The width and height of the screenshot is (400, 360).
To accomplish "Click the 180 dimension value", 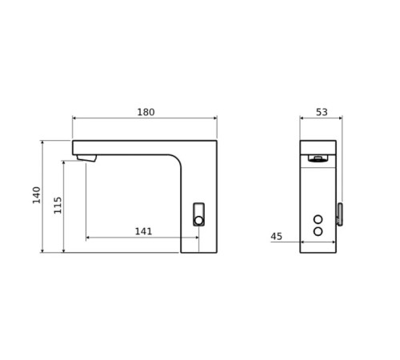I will [146, 113].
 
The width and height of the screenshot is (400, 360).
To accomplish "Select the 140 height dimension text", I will [37, 194].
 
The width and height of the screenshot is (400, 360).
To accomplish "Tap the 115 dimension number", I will [58, 205].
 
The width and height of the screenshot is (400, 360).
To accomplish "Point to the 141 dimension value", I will [143, 231].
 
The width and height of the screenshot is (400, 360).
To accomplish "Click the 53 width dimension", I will [322, 113].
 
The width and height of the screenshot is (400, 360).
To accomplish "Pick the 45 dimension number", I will [277, 237].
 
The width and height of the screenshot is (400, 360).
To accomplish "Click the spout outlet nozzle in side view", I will [86, 158].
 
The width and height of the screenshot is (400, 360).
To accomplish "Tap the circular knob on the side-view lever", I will [198, 220].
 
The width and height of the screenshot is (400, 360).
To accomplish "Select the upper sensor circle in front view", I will [318, 218].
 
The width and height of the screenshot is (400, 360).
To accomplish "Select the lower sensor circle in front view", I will [318, 231].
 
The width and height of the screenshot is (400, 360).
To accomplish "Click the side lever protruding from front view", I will [340, 214].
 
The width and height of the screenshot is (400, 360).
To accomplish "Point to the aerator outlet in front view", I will [318, 158].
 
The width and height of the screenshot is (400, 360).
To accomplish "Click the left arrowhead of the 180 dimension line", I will [74, 118].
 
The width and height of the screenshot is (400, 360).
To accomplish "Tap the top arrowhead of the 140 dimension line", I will [42, 142].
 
